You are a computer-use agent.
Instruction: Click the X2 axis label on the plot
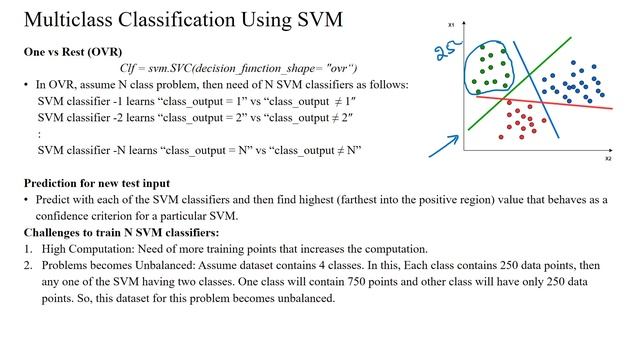[607, 159]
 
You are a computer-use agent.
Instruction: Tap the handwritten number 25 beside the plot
[448, 51]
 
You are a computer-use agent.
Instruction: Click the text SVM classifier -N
[80, 150]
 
